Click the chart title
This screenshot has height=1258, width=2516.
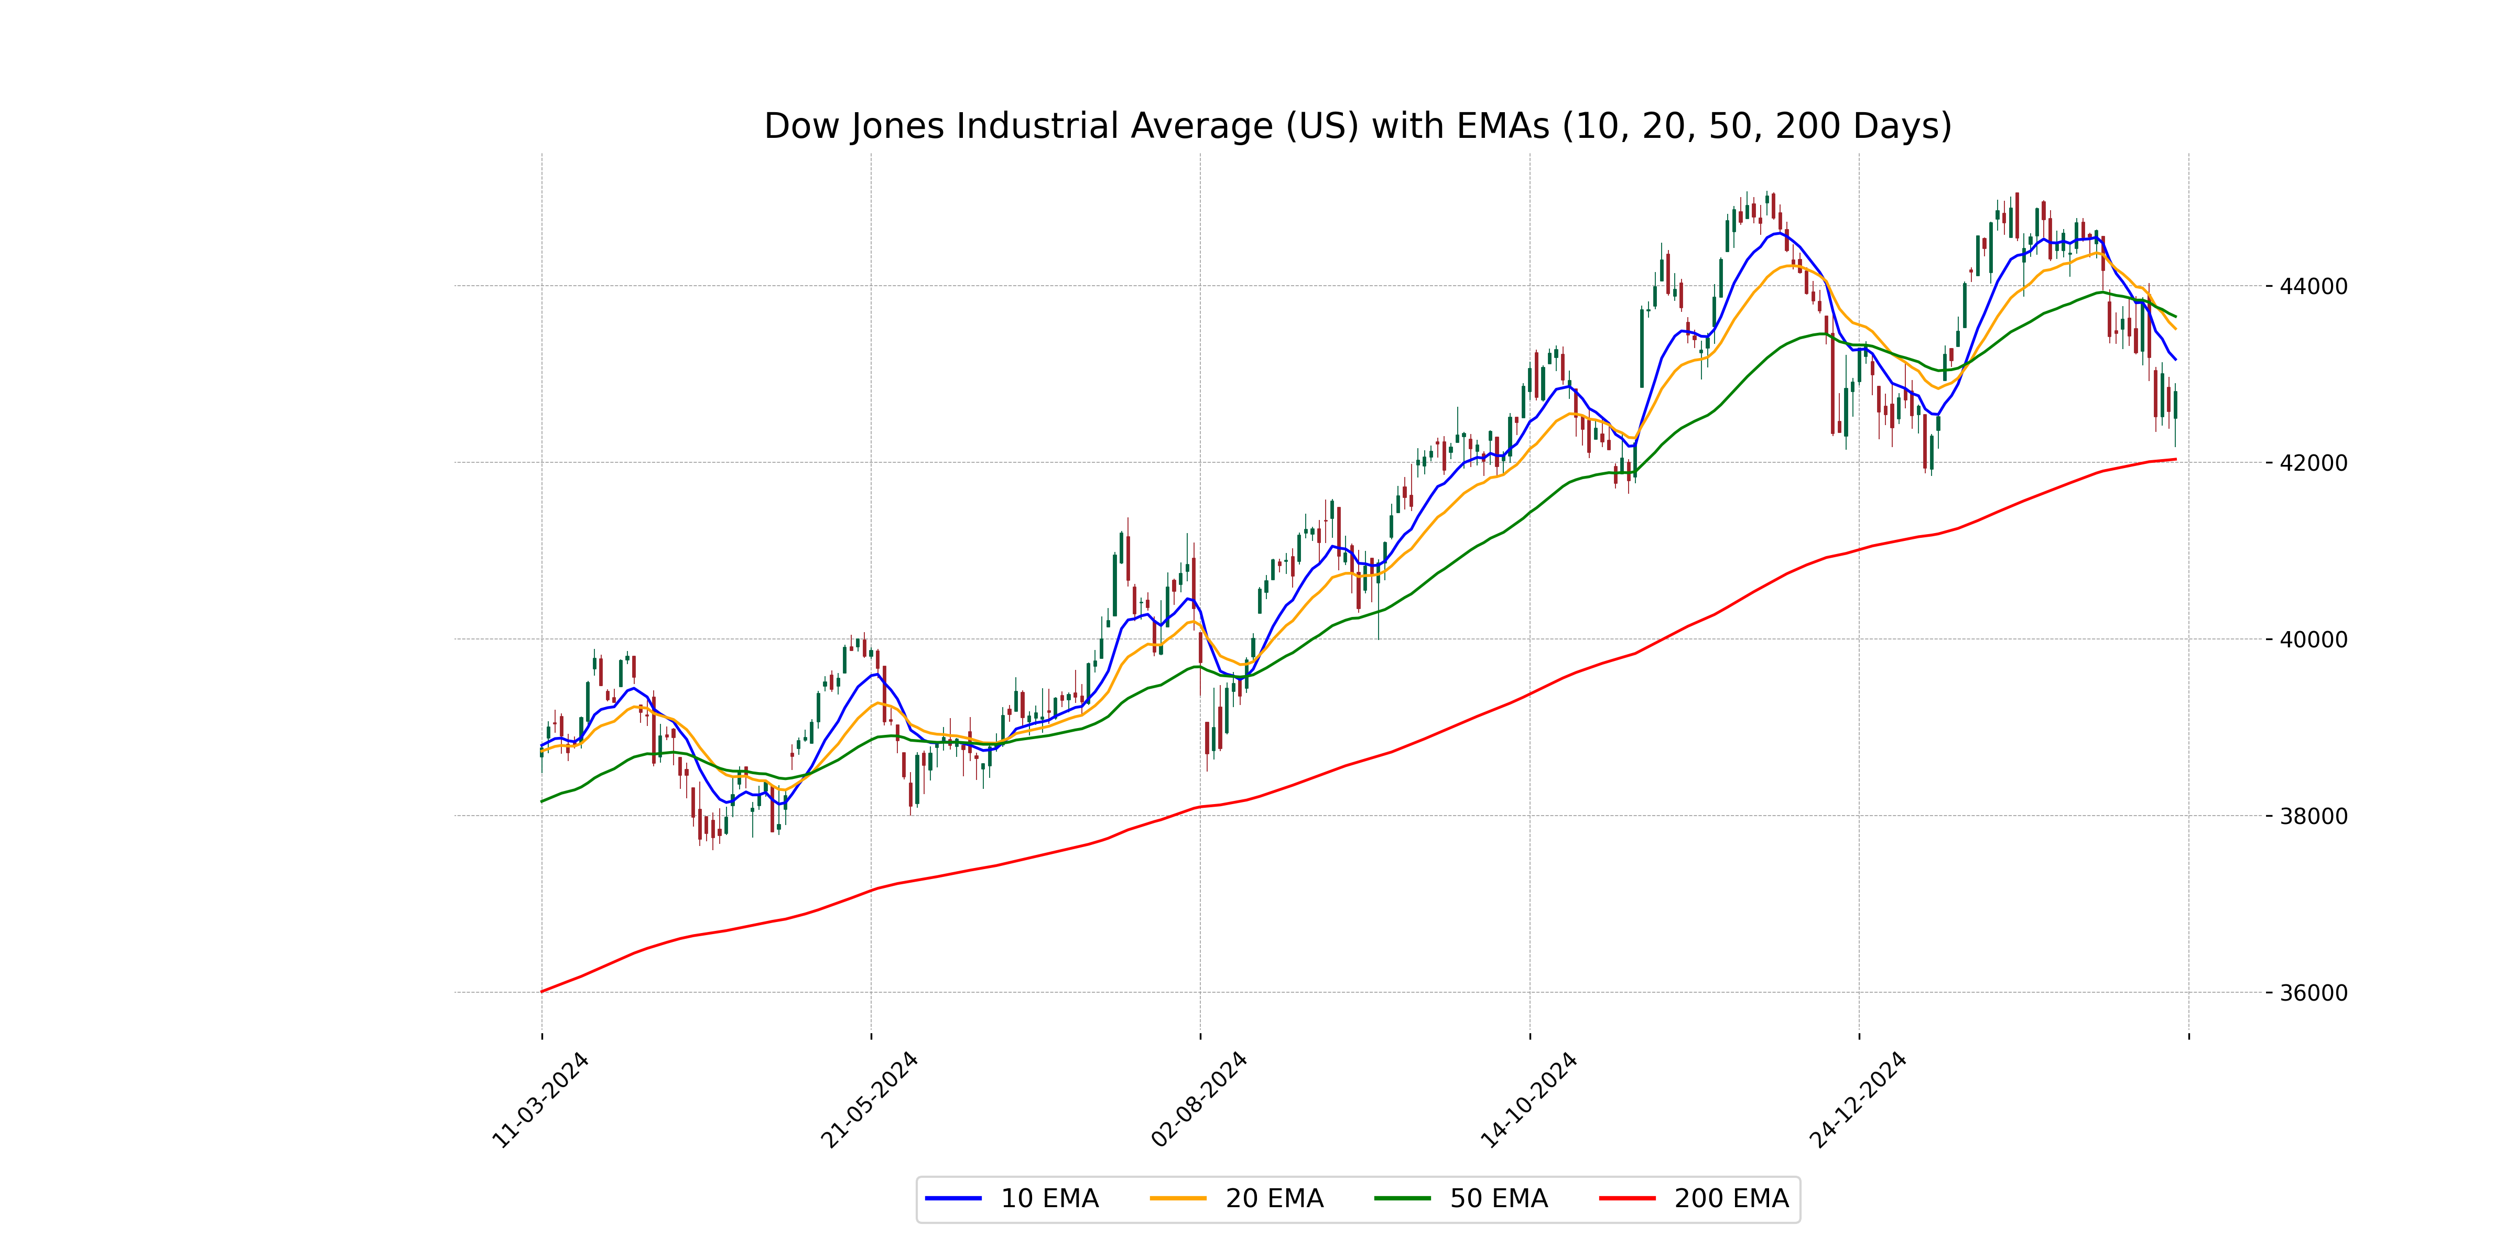tap(1358, 126)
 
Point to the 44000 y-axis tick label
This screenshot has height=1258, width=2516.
tap(2313, 286)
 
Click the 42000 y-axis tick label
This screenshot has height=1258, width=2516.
tap(2313, 463)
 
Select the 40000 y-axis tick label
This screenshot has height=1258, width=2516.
tap(2313, 639)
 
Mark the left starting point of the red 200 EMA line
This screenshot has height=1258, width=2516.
tap(542, 991)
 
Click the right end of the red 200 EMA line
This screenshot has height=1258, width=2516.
tap(2175, 459)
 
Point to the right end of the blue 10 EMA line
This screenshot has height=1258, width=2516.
tap(2175, 360)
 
